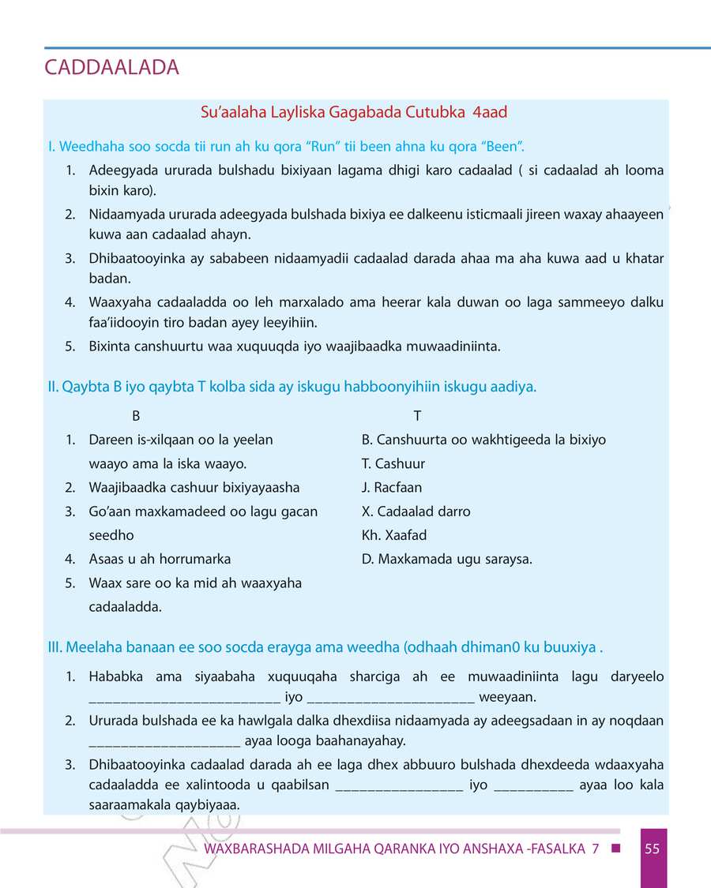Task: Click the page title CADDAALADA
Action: click(x=112, y=68)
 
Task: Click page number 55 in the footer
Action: click(x=652, y=849)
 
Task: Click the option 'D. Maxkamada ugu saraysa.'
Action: click(x=446, y=559)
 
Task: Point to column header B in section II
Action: click(x=136, y=416)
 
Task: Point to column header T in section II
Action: click(x=417, y=416)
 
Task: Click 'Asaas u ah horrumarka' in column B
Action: click(x=160, y=559)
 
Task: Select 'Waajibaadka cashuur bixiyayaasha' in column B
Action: click(x=194, y=488)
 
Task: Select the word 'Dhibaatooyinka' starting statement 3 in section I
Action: click(x=131, y=259)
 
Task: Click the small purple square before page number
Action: click(x=615, y=849)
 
